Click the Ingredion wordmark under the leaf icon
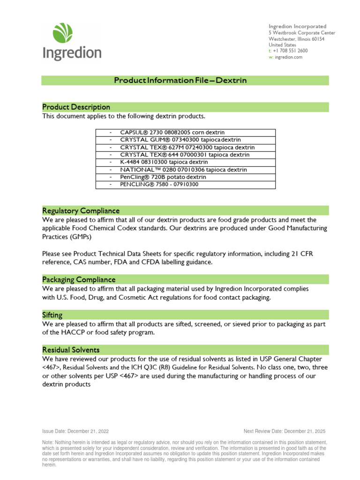72,52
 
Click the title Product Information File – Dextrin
180,81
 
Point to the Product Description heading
76,107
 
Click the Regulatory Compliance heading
81,210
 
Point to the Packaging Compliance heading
79,279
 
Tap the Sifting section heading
52,315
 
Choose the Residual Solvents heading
71,350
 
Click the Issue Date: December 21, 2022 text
75,431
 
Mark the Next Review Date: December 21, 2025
284,431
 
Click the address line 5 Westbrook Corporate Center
302,33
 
